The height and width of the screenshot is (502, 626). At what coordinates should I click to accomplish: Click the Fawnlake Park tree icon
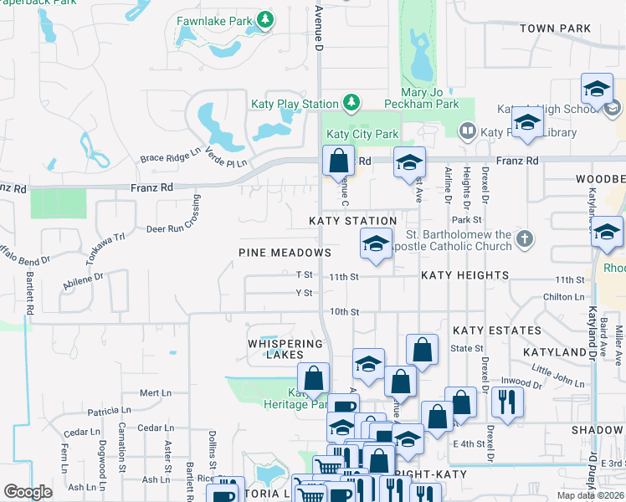coord(265,18)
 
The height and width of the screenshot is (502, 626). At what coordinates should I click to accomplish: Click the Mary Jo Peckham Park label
coord(421,98)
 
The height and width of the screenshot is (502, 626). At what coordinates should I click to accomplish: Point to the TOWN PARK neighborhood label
coord(555,28)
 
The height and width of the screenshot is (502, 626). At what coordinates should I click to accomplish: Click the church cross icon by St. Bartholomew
coord(524,238)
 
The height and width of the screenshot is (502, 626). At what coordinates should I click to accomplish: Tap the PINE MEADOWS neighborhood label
coord(285,253)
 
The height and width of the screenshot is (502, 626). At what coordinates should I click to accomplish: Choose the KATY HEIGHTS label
coord(464,275)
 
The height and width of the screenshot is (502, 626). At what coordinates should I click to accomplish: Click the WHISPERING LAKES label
coord(285,349)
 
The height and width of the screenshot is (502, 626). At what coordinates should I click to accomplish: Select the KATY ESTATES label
coord(497,330)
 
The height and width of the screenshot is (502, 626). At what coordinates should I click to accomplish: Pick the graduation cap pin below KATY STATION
coord(376,245)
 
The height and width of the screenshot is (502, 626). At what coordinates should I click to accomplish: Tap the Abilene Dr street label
coord(82,281)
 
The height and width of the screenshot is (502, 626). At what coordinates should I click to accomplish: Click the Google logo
coord(28,492)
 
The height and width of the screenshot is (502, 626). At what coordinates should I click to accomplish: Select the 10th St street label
coord(344,312)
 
